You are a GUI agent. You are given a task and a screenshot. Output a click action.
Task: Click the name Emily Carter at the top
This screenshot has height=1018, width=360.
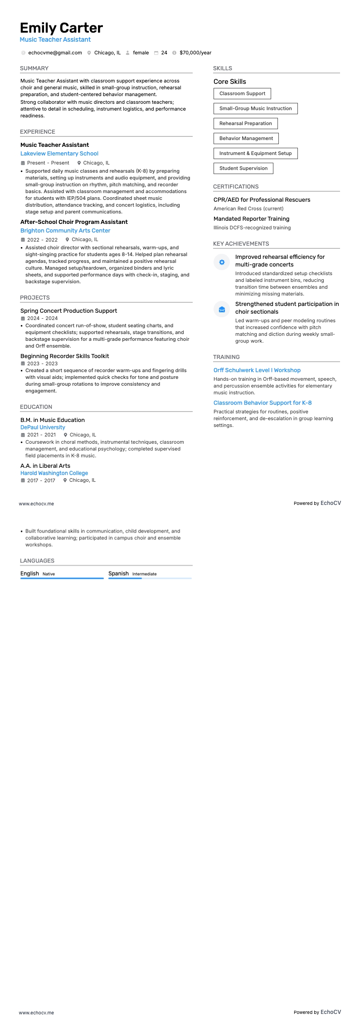point(61,28)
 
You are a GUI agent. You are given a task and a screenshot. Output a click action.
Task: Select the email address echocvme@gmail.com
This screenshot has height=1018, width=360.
point(55,53)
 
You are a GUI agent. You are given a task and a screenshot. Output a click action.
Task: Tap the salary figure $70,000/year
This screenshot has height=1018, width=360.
point(195,53)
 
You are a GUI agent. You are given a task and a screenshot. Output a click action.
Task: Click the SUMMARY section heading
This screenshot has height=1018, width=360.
point(34,68)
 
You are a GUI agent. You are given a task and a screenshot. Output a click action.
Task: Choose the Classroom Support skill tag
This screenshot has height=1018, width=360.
point(242,94)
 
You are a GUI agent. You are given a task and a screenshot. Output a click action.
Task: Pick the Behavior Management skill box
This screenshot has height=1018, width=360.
point(246,138)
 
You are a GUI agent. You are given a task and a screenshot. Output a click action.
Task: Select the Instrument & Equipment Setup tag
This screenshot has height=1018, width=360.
point(255,153)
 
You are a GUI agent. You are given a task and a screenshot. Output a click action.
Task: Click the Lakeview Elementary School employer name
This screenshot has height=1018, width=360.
point(59,154)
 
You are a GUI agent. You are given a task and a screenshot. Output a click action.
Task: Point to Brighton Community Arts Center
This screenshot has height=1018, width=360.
point(65,231)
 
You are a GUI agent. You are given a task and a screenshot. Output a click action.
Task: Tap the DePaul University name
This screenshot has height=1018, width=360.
point(43,427)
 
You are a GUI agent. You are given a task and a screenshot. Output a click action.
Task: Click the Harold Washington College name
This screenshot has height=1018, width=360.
point(54,473)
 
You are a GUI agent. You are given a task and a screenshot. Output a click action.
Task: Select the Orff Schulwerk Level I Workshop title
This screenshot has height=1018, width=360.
point(257,370)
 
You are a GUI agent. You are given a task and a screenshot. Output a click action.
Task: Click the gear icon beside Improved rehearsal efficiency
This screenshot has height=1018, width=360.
point(222,262)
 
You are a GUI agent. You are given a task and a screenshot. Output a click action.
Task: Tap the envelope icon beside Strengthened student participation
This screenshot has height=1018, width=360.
point(222,309)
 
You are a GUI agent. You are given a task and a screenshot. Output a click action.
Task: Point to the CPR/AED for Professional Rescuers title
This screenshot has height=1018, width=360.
point(262,200)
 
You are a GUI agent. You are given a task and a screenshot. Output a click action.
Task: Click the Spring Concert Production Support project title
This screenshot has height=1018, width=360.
point(68,311)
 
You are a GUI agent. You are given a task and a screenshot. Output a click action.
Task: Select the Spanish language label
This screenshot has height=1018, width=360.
point(118,573)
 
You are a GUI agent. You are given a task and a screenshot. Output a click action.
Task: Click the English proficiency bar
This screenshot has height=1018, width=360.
point(62,578)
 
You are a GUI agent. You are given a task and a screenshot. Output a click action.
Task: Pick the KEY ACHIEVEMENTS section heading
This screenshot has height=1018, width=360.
point(241,244)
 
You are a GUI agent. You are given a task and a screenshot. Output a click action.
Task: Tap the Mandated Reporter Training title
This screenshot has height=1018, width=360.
point(251,219)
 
